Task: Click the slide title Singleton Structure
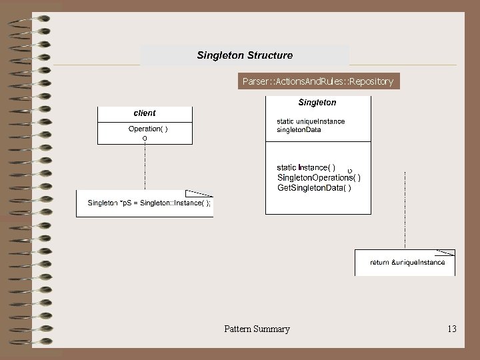click(245, 55)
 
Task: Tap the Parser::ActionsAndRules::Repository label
click(318, 81)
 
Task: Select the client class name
click(145, 113)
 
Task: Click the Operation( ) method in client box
click(148, 129)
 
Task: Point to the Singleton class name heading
click(317, 103)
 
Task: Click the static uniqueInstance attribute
click(311, 121)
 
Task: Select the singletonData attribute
click(299, 129)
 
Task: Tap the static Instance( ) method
click(306, 167)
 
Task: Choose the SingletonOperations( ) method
click(319, 177)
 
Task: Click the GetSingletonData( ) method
click(313, 188)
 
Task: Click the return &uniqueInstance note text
click(407, 263)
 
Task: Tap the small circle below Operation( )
click(145, 138)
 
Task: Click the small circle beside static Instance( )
click(350, 171)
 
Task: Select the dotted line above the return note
click(405, 210)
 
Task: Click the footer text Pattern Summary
click(257, 329)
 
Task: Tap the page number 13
click(452, 329)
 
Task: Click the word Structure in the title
click(269, 55)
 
